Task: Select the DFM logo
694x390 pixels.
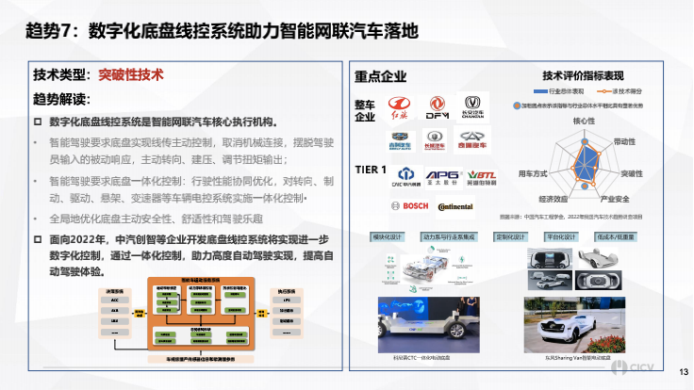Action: [438, 106]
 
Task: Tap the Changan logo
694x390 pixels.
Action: [474, 106]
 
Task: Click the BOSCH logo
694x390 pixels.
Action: [403, 205]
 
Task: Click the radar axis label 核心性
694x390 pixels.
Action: [584, 121]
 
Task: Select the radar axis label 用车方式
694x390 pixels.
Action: [533, 174]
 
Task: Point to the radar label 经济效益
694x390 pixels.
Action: [553, 199]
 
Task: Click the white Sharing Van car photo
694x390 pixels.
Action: [574, 324]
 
